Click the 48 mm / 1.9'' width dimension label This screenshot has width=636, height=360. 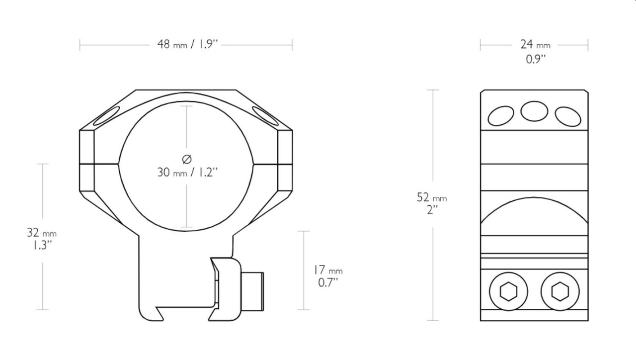point(188,44)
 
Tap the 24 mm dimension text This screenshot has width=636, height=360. point(535,45)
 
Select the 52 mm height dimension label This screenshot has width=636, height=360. point(432,197)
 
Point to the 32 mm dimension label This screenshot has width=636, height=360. point(42,233)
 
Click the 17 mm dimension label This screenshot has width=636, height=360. point(328,270)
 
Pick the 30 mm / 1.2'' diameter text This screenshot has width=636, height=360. point(188,172)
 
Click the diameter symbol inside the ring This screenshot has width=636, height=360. point(186,160)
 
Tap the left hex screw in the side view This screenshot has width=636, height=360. point(508,291)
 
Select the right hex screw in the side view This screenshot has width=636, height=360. point(560,291)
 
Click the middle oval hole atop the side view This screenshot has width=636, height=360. point(534,111)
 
